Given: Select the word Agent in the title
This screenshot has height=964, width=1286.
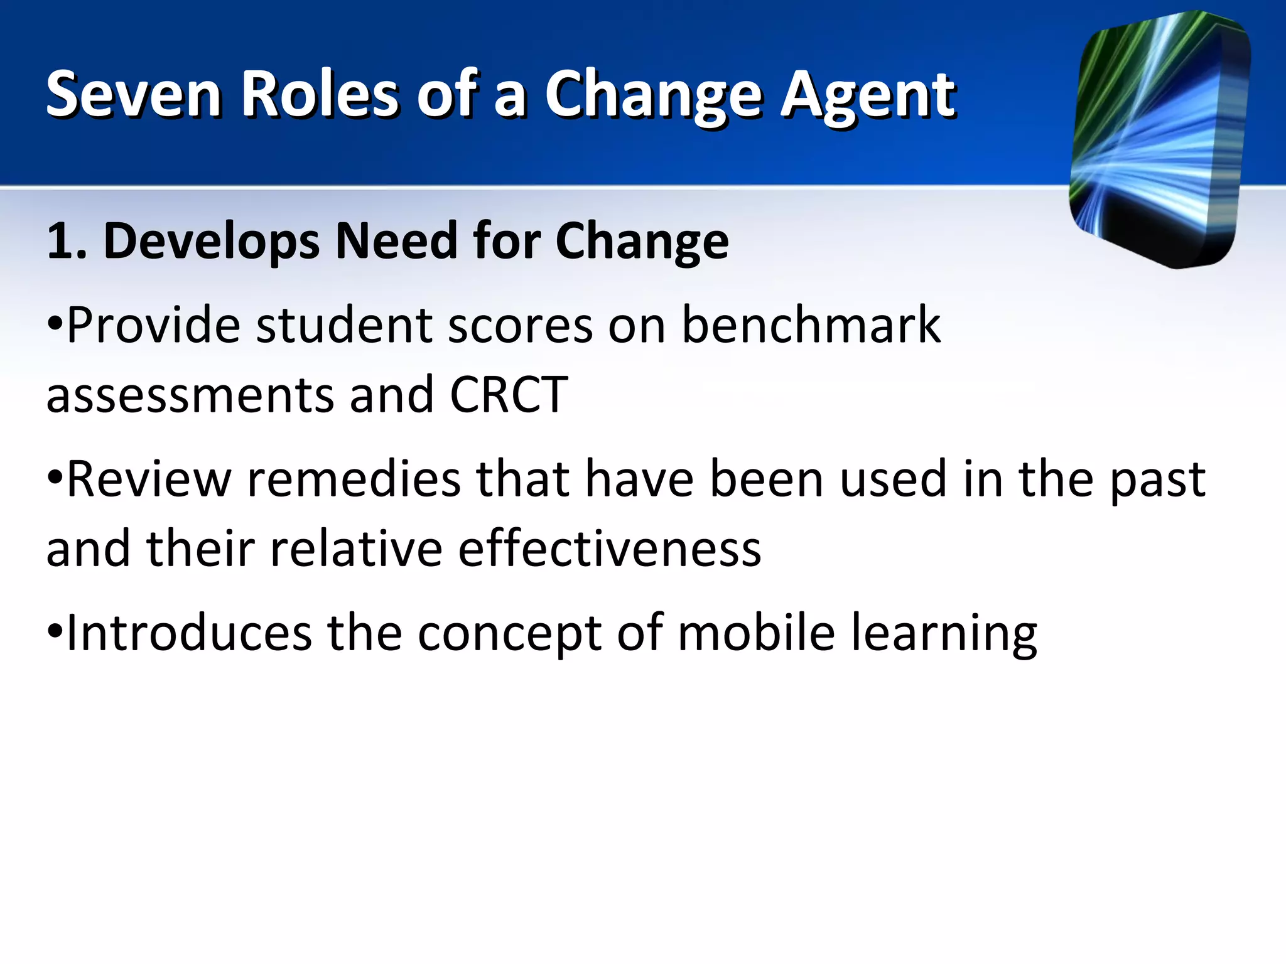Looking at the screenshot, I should [868, 95].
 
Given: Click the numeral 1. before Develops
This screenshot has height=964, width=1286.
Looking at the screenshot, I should [66, 241].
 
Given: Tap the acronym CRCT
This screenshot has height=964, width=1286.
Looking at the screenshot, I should [509, 395].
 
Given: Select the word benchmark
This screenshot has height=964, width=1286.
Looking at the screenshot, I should [811, 325].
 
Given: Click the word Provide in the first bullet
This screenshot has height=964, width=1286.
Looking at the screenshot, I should [153, 325].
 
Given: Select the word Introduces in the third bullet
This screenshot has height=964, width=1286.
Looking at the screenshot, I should [188, 633].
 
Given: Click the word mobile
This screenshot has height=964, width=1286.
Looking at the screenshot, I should [756, 633].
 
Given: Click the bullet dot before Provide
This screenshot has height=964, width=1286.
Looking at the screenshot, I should [55, 325].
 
